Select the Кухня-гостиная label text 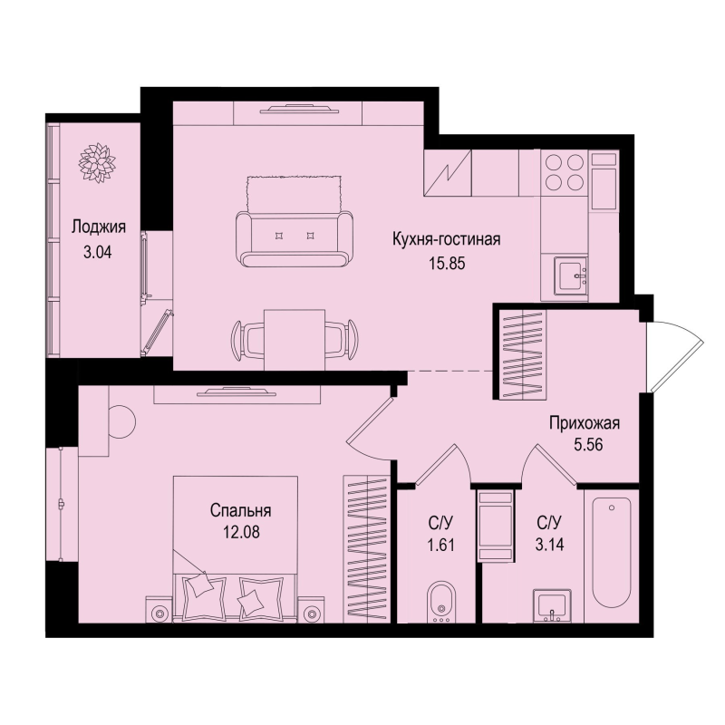pyautogui.click(x=446, y=239)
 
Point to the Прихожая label pyautogui.click(x=584, y=421)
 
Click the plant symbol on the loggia pyautogui.click(x=96, y=161)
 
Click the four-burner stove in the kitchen pyautogui.click(x=564, y=172)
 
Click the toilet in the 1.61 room pyautogui.click(x=439, y=602)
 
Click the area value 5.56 pyautogui.click(x=584, y=444)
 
